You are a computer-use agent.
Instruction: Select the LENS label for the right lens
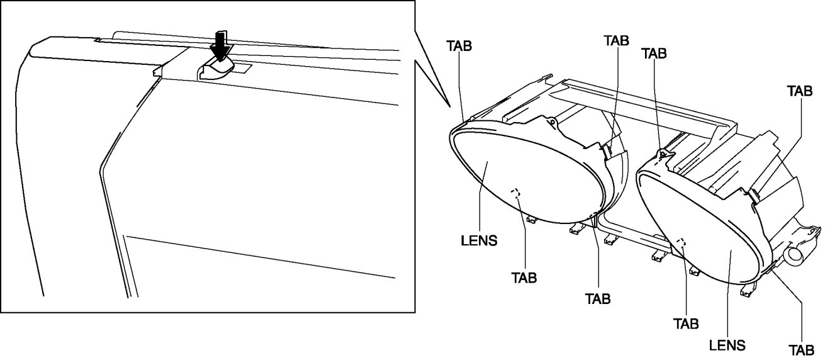pyautogui.click(x=727, y=345)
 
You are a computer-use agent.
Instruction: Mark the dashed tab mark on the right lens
pyautogui.click(x=680, y=242)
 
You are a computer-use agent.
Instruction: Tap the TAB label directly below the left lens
pyautogui.click(x=524, y=278)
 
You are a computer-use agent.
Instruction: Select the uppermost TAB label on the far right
pyautogui.click(x=800, y=90)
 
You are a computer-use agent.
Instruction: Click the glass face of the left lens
pyautogui.click(x=503, y=170)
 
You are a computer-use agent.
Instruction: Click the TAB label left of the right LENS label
pyautogui.click(x=685, y=324)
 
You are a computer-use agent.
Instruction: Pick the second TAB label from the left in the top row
pyautogui.click(x=616, y=40)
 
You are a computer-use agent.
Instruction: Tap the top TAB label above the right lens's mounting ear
pyautogui.click(x=653, y=53)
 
